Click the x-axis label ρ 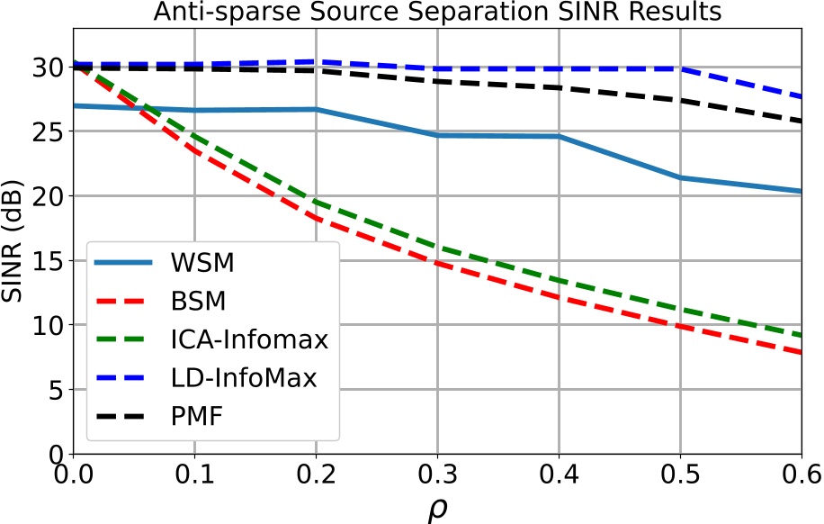[436, 505]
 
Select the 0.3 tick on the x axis [436, 473]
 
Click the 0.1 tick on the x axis [194, 473]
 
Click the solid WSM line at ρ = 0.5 [679, 177]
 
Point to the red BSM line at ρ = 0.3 [437, 263]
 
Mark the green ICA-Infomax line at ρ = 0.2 [316, 202]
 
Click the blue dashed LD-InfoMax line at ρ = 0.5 [679, 68]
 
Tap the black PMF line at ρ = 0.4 [558, 87]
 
